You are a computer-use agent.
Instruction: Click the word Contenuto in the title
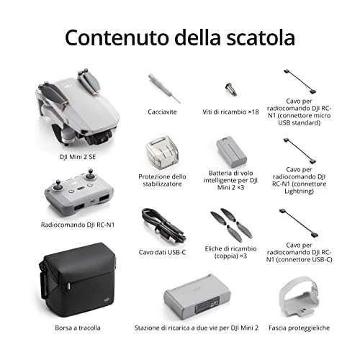point(117,37)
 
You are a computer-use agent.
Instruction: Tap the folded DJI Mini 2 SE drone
point(77,107)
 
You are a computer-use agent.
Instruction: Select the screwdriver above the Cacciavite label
point(164,89)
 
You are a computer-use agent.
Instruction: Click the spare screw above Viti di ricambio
point(231,89)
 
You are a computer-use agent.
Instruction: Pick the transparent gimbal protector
point(162,153)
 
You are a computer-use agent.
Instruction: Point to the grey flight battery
point(231,152)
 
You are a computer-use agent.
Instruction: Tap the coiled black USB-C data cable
point(163,226)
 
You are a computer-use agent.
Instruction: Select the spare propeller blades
point(231,225)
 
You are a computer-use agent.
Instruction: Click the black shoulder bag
point(78,280)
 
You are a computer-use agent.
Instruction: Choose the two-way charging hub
point(197,297)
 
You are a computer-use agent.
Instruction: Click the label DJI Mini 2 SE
point(78,157)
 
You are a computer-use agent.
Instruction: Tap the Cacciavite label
point(162,112)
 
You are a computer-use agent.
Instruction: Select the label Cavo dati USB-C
point(162,252)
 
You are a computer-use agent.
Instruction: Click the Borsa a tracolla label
point(78,328)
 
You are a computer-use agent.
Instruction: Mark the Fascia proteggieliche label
point(299,328)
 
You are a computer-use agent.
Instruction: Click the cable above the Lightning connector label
point(300,150)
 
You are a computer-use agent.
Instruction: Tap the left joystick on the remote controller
point(58,185)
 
